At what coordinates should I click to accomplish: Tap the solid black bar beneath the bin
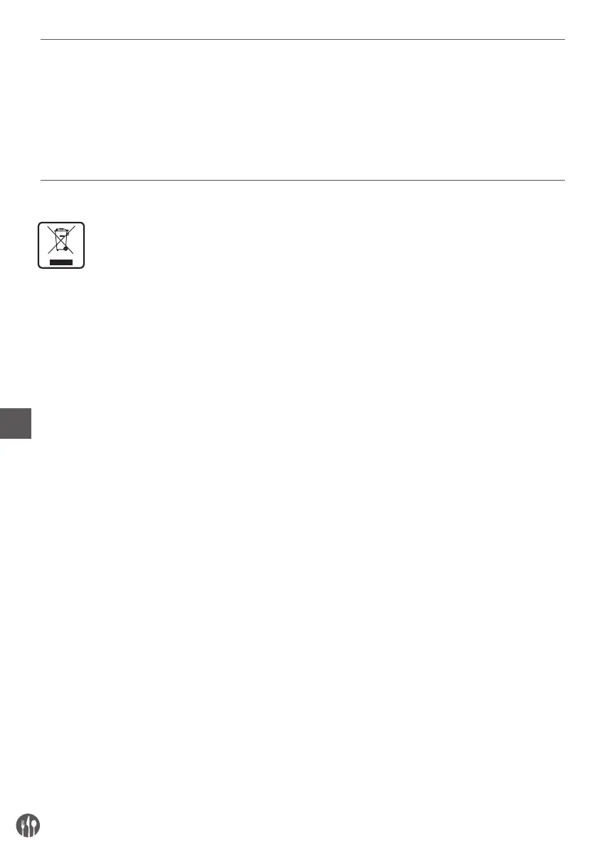pyautogui.click(x=61, y=262)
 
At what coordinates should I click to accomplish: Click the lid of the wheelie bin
pyautogui.click(x=61, y=230)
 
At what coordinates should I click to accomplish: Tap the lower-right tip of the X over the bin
pyautogui.click(x=74, y=255)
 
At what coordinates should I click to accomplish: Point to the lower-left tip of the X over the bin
pyautogui.click(x=48, y=255)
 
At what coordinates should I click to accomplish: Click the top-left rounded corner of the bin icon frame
pyautogui.click(x=40, y=224)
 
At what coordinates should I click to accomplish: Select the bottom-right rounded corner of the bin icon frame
pyautogui.click(x=83, y=267)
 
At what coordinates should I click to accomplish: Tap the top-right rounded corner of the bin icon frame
pyautogui.click(x=83, y=224)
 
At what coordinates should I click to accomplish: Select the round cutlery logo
pyautogui.click(x=28, y=826)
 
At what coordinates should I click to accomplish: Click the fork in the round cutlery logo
pyautogui.click(x=22, y=826)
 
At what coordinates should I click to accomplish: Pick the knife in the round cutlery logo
pyautogui.click(x=28, y=826)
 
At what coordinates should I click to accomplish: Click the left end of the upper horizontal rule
pyautogui.click(x=41, y=40)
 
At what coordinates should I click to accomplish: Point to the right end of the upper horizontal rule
pyautogui.click(x=564, y=40)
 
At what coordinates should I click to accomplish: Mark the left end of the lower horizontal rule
pyautogui.click(x=41, y=180)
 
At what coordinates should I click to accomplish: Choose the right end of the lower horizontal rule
pyautogui.click(x=564, y=180)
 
